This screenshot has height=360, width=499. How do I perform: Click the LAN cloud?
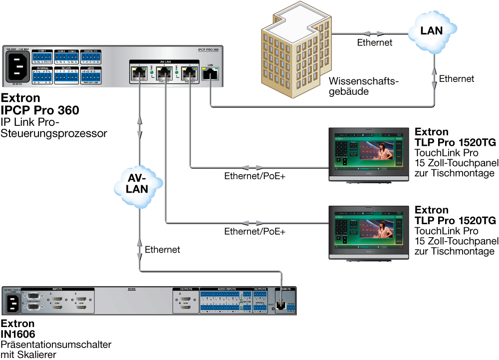pos(431,31)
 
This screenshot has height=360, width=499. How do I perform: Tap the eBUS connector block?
pos(91,75)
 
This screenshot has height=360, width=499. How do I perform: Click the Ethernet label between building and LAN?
pos(375,43)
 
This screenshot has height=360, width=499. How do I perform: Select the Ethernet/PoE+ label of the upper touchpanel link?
pos(254,176)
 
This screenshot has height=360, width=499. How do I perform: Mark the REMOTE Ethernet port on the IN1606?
pos(282,306)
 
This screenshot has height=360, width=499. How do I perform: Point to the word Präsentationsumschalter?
pos(56,345)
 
